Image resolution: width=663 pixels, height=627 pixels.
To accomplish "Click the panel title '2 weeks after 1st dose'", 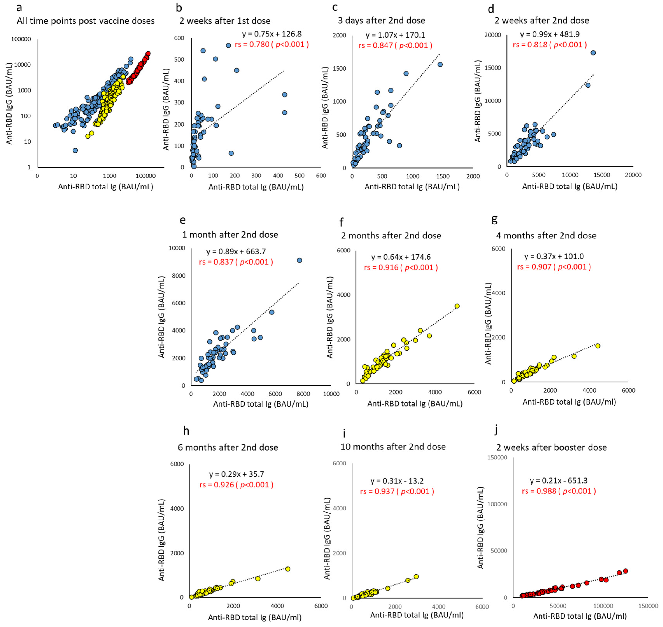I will click(x=225, y=21).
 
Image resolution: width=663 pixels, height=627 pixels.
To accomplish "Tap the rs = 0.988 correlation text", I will click(x=559, y=491).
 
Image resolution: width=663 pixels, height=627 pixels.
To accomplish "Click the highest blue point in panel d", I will click(x=593, y=53).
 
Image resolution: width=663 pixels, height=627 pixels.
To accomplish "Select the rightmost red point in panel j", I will click(x=625, y=571).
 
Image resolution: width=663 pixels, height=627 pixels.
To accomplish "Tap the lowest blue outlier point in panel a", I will click(x=75, y=150).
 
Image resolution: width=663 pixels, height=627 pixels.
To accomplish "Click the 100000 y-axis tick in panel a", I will click(x=21, y=39).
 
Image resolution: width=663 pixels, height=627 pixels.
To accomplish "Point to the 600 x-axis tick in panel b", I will click(x=321, y=176).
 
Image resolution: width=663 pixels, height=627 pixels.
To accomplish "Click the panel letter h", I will click(x=186, y=431).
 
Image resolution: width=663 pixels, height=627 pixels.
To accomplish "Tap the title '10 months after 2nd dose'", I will click(x=393, y=447).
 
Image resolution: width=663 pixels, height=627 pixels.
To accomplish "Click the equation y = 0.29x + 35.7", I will click(x=236, y=474).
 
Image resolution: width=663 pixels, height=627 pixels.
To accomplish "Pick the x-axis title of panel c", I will click(x=412, y=187).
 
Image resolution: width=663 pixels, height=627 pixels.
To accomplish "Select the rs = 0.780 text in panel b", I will click(x=271, y=45).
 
